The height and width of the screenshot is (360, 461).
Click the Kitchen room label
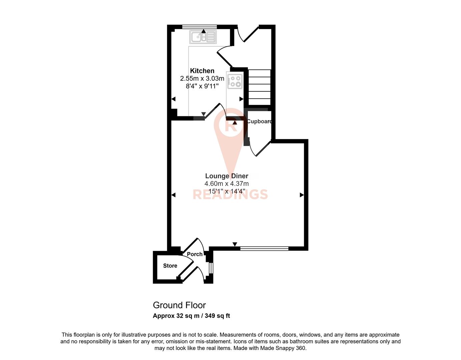click(x=202, y=71)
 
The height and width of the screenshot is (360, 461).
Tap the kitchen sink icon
click(x=203, y=37)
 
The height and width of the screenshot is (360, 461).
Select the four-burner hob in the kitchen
click(x=235, y=81)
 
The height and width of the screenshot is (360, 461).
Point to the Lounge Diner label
click(x=226, y=176)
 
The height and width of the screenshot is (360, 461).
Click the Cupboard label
click(x=259, y=121)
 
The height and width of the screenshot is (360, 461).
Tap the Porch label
click(x=194, y=254)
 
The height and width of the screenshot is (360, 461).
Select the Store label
click(x=170, y=266)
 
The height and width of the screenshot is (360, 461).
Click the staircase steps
click(x=260, y=87)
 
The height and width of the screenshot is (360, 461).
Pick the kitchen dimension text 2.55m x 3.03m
click(x=202, y=79)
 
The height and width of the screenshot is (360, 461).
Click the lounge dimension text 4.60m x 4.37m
click(x=226, y=184)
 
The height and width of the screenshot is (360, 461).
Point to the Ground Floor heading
click(x=179, y=305)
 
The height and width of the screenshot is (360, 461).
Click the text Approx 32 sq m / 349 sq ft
click(x=191, y=316)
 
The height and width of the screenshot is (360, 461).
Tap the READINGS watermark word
click(x=230, y=194)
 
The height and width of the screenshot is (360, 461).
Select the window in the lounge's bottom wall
click(x=264, y=248)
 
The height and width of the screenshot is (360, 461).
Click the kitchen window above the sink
click(x=199, y=27)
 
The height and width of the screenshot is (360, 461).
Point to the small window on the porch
click(x=210, y=268)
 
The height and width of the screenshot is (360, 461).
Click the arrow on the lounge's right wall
click(x=302, y=195)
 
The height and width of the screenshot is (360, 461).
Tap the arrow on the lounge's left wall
click(x=173, y=195)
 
